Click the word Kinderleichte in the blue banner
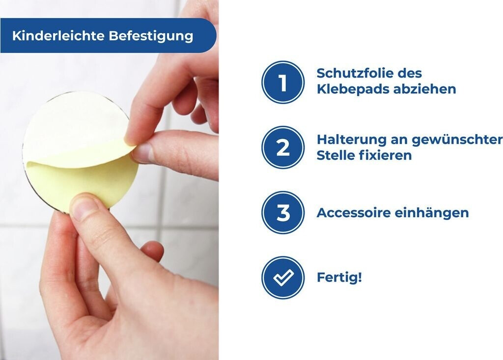(58, 36)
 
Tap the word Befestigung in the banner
(151, 36)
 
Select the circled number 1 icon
(282, 82)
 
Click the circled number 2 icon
(282, 147)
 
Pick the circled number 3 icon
(282, 212)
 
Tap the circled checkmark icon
(282, 277)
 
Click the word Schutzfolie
(357, 73)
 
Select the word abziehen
(425, 89)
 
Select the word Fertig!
(339, 277)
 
